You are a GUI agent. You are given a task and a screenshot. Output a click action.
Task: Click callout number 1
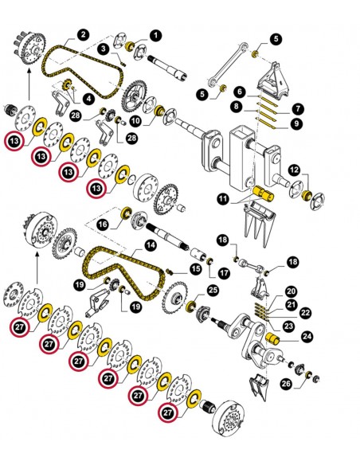pos(155,35)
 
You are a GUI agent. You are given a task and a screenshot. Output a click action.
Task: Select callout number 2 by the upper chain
pos(83,35)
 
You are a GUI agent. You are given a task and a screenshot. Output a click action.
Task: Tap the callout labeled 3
pos(104,50)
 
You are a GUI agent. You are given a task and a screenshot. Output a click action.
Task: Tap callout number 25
pos(213,290)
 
